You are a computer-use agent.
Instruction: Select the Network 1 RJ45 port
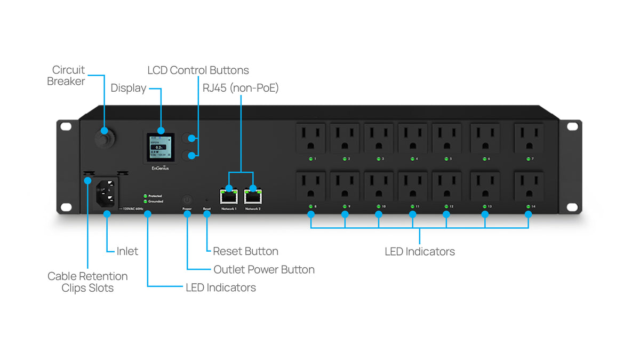point(228,196)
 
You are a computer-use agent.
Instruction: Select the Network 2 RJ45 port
point(252,196)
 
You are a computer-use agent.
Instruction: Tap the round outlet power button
point(187,198)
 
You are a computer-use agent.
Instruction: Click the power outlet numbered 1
point(310,138)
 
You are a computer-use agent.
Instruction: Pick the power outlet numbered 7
point(529,138)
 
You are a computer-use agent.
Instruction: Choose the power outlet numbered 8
point(310,186)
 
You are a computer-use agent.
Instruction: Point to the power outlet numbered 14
point(529,186)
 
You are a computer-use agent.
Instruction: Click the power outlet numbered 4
point(412,138)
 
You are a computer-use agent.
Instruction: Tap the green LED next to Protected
point(145,196)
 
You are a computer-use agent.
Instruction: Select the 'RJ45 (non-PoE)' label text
point(241,88)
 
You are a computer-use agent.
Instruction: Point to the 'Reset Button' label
point(245,251)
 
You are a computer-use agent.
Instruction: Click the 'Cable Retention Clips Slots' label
point(87,282)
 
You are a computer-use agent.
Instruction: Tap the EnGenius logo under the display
point(161,168)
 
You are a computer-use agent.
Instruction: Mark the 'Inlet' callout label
point(127,251)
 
